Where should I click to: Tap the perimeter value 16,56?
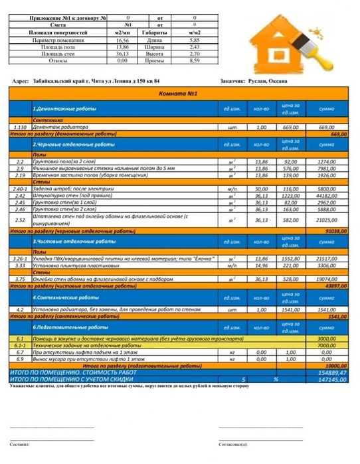[x=121, y=41]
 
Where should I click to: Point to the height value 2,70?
[x=195, y=54]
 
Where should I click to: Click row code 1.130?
[x=19, y=127]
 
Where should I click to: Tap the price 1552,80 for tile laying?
[x=290, y=258]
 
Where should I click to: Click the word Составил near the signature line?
[x=20, y=444]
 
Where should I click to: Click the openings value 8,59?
[x=195, y=60]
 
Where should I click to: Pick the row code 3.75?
[x=19, y=280]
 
